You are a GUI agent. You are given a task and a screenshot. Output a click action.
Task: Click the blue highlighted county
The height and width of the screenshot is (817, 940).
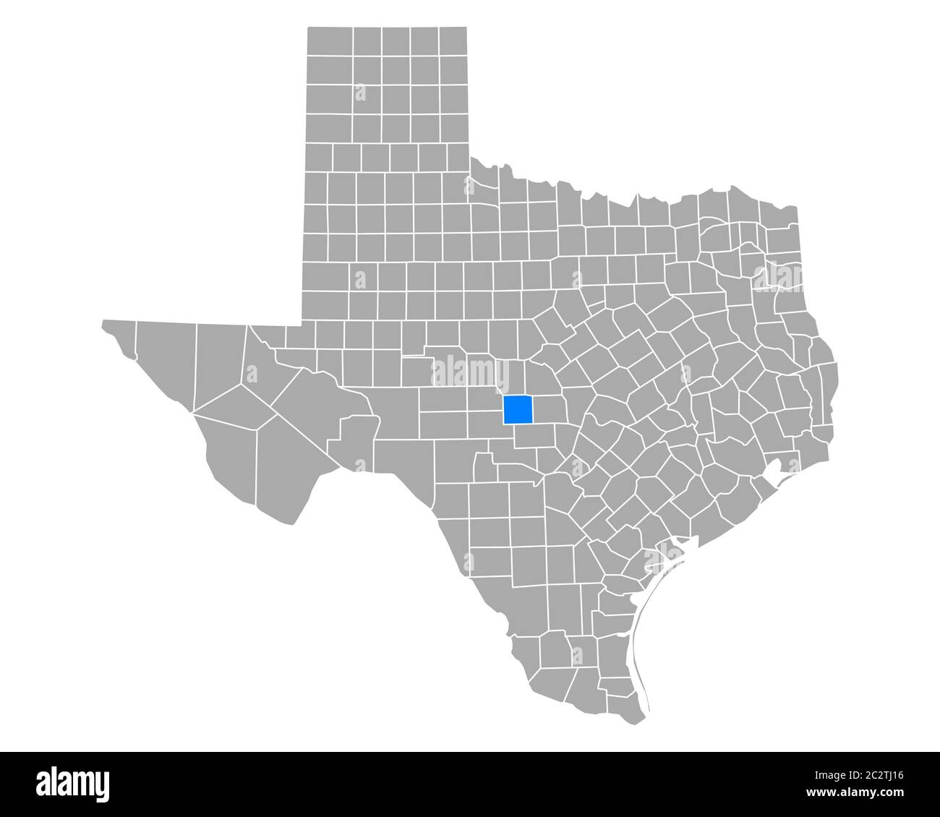coord(518,410)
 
